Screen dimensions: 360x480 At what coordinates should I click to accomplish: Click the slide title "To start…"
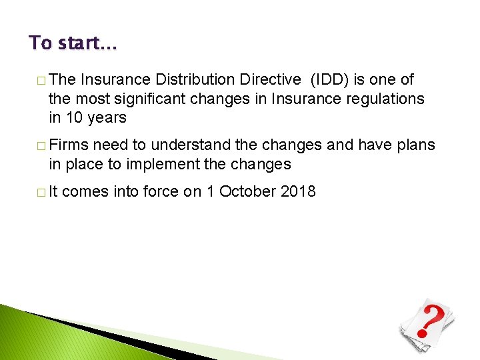tap(73, 43)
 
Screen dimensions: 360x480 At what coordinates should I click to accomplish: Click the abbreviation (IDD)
tap(331, 80)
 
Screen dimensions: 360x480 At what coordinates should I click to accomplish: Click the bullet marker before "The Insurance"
tap(41, 81)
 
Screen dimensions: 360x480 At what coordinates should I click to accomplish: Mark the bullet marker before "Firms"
tap(41, 146)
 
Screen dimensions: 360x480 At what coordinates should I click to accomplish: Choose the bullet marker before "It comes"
tap(41, 193)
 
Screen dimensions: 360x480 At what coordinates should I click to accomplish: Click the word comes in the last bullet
tap(83, 192)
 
